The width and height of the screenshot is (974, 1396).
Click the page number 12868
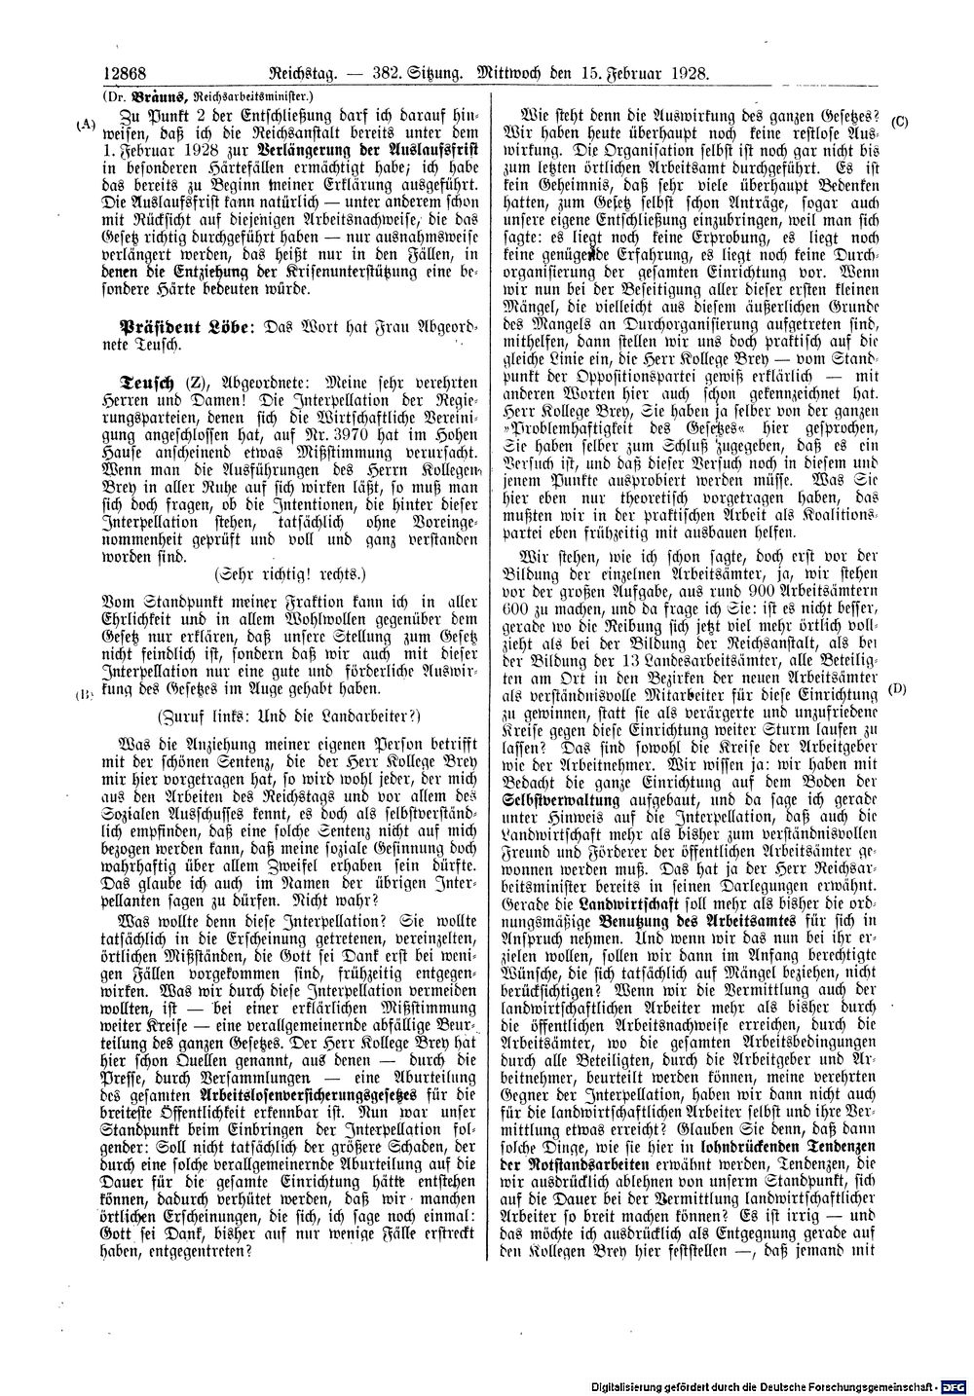123,73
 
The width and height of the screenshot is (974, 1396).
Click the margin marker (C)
899,121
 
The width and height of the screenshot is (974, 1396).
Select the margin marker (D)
898,689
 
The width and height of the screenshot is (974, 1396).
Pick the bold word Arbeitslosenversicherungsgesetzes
299,1094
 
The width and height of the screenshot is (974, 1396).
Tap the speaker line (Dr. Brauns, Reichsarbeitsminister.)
206,96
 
